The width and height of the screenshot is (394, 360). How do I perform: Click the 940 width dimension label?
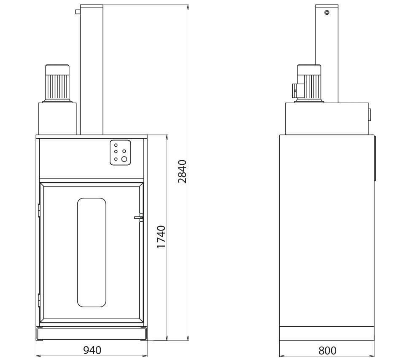pyautogui.click(x=92, y=350)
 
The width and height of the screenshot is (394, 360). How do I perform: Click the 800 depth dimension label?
pyautogui.click(x=327, y=350)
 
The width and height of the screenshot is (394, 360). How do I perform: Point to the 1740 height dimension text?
pyautogui.click(x=161, y=237)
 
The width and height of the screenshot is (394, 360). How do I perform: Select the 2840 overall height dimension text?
pyautogui.click(x=182, y=172)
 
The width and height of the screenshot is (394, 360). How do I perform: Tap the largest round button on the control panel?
pyautogui.click(x=124, y=159)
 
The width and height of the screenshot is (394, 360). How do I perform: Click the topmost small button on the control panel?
pyautogui.click(x=116, y=145)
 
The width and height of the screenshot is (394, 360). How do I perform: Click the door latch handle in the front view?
pyautogui.click(x=139, y=218)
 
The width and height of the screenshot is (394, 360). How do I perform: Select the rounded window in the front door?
pyautogui.click(x=92, y=253)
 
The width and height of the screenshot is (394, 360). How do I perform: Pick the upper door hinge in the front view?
pyautogui.click(x=39, y=210)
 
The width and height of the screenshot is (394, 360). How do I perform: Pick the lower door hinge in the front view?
pyautogui.click(x=39, y=300)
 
